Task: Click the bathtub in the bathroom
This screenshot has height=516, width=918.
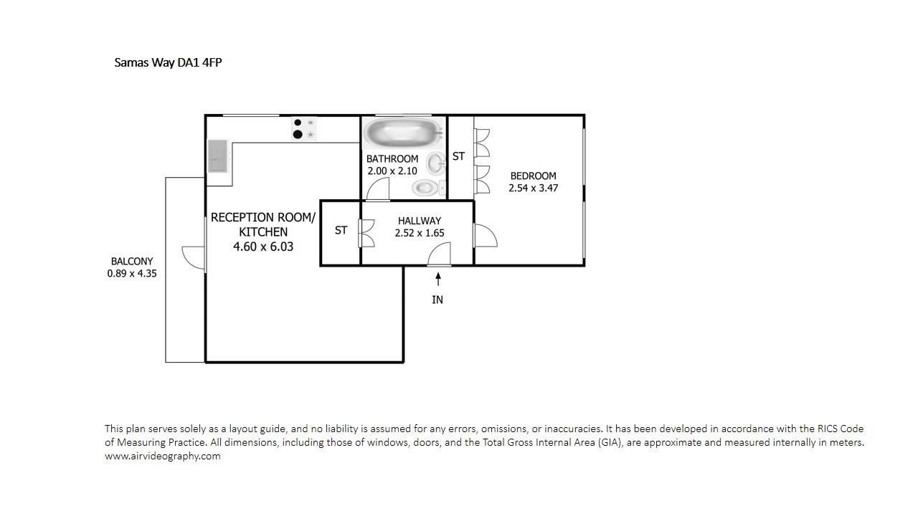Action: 404,133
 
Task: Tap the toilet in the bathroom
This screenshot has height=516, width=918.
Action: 429,188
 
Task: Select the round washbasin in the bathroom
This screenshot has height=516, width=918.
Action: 436,163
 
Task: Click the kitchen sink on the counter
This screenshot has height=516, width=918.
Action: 217,156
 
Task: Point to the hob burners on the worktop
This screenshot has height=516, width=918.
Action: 303,128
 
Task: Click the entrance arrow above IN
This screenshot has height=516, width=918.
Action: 438,279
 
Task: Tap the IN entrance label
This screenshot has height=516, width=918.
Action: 437,300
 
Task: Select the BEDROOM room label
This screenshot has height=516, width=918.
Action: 533,176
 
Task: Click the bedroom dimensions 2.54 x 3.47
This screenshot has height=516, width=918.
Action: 533,188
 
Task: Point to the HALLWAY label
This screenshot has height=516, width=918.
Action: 420,221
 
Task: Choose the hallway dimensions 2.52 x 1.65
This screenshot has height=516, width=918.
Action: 420,233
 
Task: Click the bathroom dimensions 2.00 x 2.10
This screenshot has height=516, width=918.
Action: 392,171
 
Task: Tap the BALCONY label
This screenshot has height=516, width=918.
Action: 132,262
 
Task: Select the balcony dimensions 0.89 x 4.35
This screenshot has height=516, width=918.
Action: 132,274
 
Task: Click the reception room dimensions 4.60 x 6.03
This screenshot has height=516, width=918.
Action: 263,247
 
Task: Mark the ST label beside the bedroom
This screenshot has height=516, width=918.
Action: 458,156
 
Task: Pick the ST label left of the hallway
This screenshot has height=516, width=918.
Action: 341,230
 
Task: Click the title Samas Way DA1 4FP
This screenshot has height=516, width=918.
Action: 168,62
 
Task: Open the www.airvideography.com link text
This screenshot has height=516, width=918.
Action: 163,457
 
